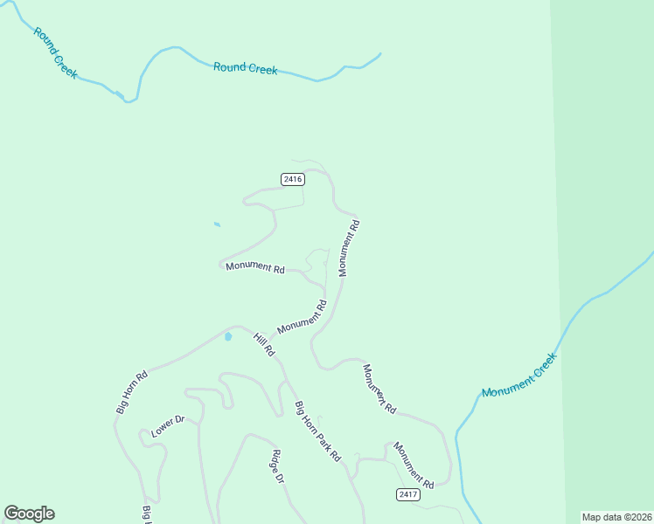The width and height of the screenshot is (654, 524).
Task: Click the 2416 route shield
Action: click(x=293, y=179)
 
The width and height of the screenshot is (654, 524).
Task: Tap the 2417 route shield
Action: click(x=407, y=494)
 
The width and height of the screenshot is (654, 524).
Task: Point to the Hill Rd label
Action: click(x=264, y=344)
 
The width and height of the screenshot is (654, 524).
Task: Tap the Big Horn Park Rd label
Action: click(x=317, y=431)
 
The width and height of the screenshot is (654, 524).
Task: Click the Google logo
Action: click(x=29, y=514)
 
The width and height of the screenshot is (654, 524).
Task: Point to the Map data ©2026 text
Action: click(x=616, y=516)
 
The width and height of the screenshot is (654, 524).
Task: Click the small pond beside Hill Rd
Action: click(x=228, y=336)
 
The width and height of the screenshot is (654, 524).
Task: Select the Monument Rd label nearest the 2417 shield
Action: click(x=413, y=465)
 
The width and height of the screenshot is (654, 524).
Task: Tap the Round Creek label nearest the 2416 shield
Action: click(x=246, y=68)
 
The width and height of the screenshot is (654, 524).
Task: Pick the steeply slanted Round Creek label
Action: click(x=54, y=53)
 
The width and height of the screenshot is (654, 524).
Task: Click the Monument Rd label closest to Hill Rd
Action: click(x=302, y=317)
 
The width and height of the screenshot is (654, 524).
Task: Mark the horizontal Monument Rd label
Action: click(x=255, y=267)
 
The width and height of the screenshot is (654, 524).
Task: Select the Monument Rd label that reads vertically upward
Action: click(x=349, y=248)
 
